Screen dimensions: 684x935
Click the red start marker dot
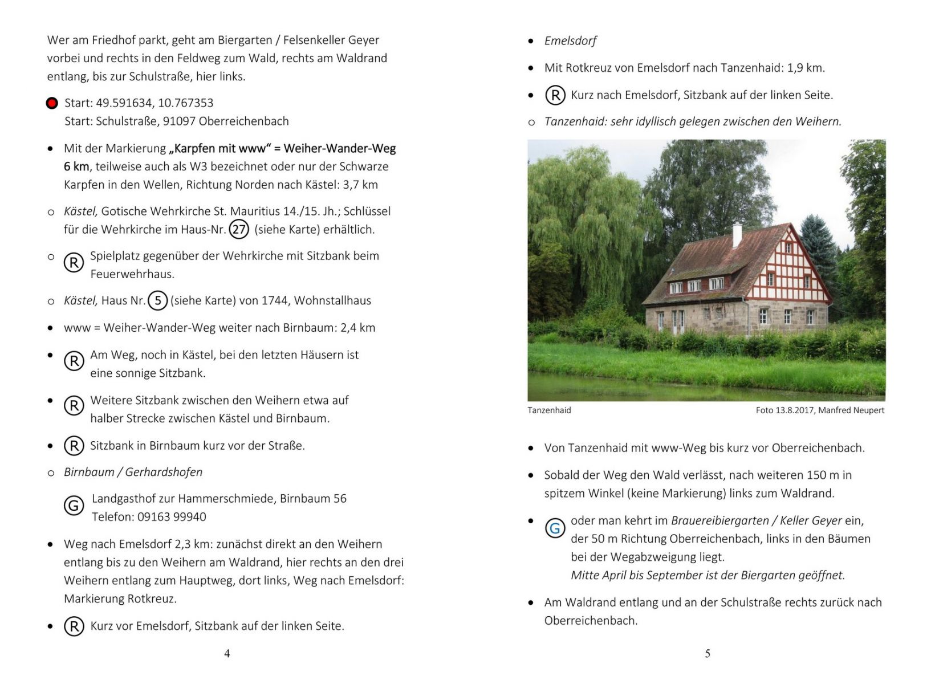(x=52, y=103)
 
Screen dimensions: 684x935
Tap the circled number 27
(x=239, y=230)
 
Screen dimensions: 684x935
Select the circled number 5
(x=158, y=300)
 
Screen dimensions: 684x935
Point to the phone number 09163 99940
(x=172, y=517)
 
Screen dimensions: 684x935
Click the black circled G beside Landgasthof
(x=74, y=506)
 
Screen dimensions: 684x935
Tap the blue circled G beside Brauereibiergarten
(x=555, y=528)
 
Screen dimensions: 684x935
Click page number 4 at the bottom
(x=227, y=654)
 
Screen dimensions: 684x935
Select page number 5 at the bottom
(x=708, y=654)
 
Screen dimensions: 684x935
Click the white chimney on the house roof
(x=737, y=234)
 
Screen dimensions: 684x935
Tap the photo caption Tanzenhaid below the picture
(x=549, y=410)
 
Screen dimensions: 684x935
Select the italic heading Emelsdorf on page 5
(x=570, y=41)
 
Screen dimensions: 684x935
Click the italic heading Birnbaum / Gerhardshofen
(x=133, y=472)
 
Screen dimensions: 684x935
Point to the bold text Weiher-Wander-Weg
(x=339, y=149)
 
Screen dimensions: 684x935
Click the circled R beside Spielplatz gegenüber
(x=74, y=263)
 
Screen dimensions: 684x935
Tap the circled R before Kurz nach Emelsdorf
(x=555, y=95)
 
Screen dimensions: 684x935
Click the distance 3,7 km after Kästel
(x=361, y=185)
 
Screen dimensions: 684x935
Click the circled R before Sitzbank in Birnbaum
(x=74, y=446)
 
